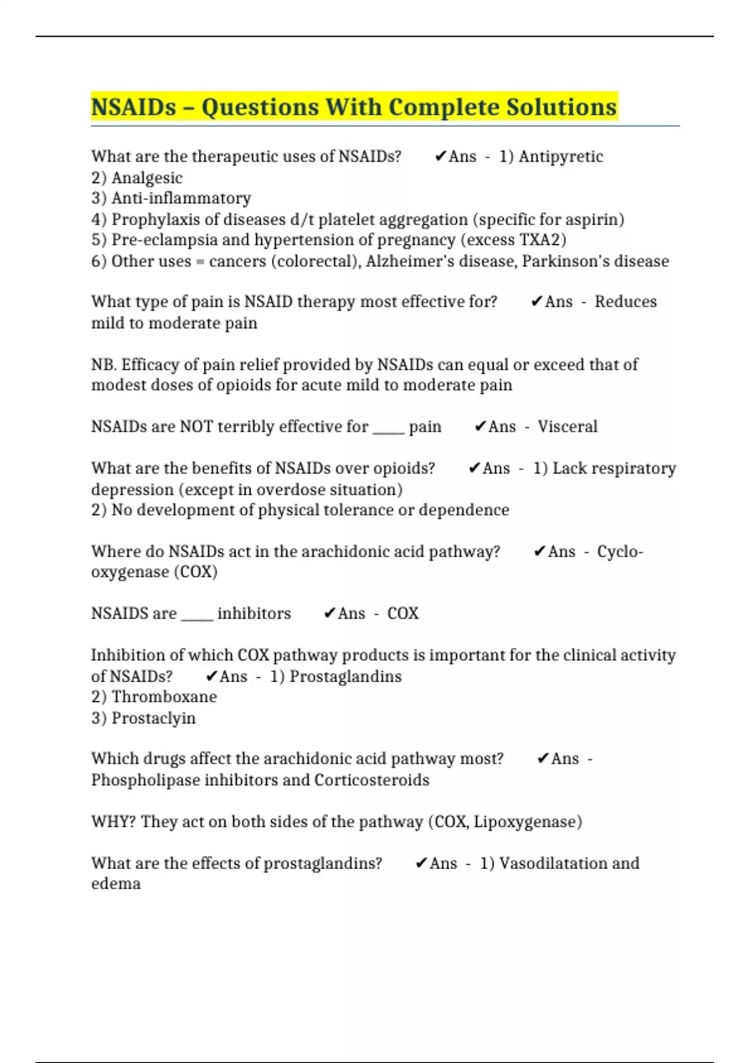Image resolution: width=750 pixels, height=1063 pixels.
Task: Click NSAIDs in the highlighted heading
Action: (134, 107)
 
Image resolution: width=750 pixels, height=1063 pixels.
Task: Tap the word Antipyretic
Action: (561, 156)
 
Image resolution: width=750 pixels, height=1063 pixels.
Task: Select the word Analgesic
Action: (147, 178)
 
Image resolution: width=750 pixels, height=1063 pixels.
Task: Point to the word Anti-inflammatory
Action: (181, 198)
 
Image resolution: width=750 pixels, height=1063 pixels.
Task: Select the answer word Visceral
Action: (567, 426)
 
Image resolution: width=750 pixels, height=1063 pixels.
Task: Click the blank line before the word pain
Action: (389, 430)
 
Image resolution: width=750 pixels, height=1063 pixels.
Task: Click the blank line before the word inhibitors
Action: (197, 617)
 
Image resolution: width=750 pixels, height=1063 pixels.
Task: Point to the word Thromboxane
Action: (164, 697)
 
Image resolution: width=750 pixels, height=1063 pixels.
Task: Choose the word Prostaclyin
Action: (153, 718)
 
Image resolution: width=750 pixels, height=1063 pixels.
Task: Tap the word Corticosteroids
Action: (372, 780)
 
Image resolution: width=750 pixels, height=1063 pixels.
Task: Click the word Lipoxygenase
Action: (527, 822)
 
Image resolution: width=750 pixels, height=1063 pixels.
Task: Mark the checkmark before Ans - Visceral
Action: (480, 426)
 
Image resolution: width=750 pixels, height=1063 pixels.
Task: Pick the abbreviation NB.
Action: (103, 365)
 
